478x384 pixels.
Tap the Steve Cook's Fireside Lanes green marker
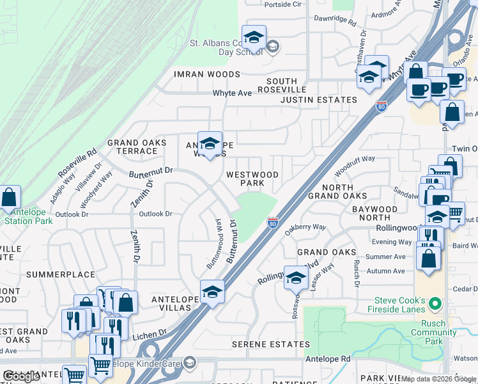pyautogui.click(x=436, y=303)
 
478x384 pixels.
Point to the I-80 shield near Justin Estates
pyautogui.click(x=382, y=106)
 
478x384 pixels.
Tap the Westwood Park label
pyautogui.click(x=252, y=179)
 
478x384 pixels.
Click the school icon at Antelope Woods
pyautogui.click(x=209, y=144)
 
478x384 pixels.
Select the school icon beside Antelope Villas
pyautogui.click(x=212, y=292)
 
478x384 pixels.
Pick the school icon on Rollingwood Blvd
pyautogui.click(x=296, y=278)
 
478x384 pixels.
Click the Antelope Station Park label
pyautogui.click(x=28, y=217)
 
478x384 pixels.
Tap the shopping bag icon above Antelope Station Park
pyautogui.click(x=9, y=198)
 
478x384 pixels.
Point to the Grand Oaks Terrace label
pyautogui.click(x=137, y=147)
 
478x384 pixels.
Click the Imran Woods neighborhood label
pyautogui.click(x=207, y=74)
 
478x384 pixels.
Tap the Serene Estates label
pyautogui.click(x=270, y=344)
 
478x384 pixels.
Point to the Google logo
pyautogui.click(x=21, y=376)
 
